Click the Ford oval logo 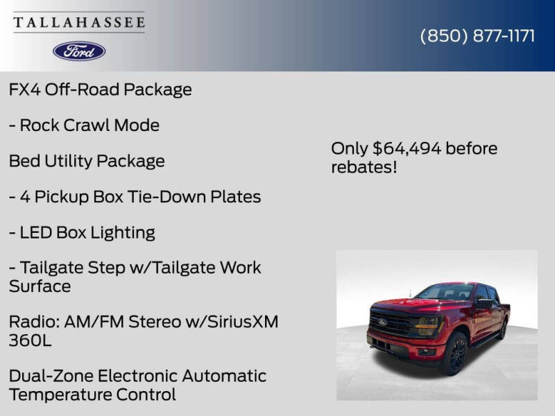tap(79, 51)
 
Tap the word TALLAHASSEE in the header tap(79, 22)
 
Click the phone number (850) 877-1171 tap(477, 36)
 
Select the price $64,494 tap(406, 148)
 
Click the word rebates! tap(364, 167)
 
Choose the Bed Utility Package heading tap(87, 161)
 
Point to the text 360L tap(31, 340)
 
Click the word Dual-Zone tap(51, 376)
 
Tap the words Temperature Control tap(92, 395)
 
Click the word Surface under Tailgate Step tap(40, 286)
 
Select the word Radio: tap(33, 322)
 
